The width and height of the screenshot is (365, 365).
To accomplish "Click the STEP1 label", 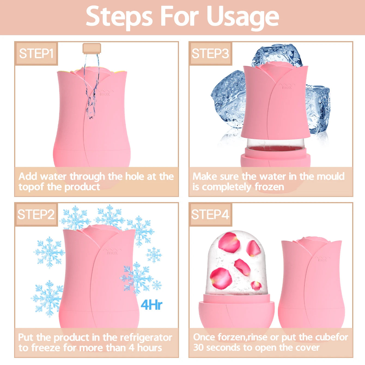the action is (36, 54).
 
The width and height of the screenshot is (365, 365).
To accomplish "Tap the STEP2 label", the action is (36, 214).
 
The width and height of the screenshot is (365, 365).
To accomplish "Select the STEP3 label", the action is (210, 54).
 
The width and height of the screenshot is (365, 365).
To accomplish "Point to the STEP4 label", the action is (210, 214).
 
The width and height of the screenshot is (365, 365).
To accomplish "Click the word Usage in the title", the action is (243, 17).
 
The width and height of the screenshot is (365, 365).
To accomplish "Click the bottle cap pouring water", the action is (92, 48).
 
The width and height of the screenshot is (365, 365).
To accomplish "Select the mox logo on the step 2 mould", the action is (112, 251).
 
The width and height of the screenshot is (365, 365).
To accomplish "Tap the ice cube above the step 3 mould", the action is (277, 54).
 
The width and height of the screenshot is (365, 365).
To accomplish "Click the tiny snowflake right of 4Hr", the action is (157, 285).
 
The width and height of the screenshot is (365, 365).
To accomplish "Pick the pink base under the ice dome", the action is (236, 315).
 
